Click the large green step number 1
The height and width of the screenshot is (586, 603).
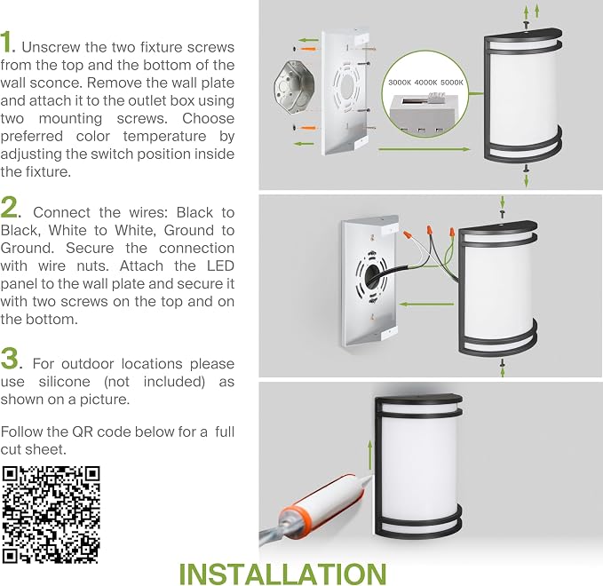[6, 42]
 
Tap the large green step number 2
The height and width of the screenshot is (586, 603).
[9, 207]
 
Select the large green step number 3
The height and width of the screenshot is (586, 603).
[10, 359]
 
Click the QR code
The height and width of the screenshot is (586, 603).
[51, 515]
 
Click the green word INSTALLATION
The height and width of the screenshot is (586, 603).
[282, 574]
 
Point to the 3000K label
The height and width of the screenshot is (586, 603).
[400, 83]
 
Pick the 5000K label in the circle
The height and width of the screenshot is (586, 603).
[452, 83]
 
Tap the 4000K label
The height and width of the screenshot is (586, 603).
[425, 83]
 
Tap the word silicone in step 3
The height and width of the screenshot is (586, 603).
[64, 382]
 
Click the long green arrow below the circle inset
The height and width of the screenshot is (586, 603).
[424, 149]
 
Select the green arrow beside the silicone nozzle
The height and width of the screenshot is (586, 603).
[370, 455]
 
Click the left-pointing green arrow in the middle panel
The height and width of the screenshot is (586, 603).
[426, 305]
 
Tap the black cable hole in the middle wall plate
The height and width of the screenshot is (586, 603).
[372, 274]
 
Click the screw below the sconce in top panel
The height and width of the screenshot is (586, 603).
[526, 168]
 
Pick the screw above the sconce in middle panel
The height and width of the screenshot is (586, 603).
[502, 212]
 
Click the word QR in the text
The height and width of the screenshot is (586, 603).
[83, 432]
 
